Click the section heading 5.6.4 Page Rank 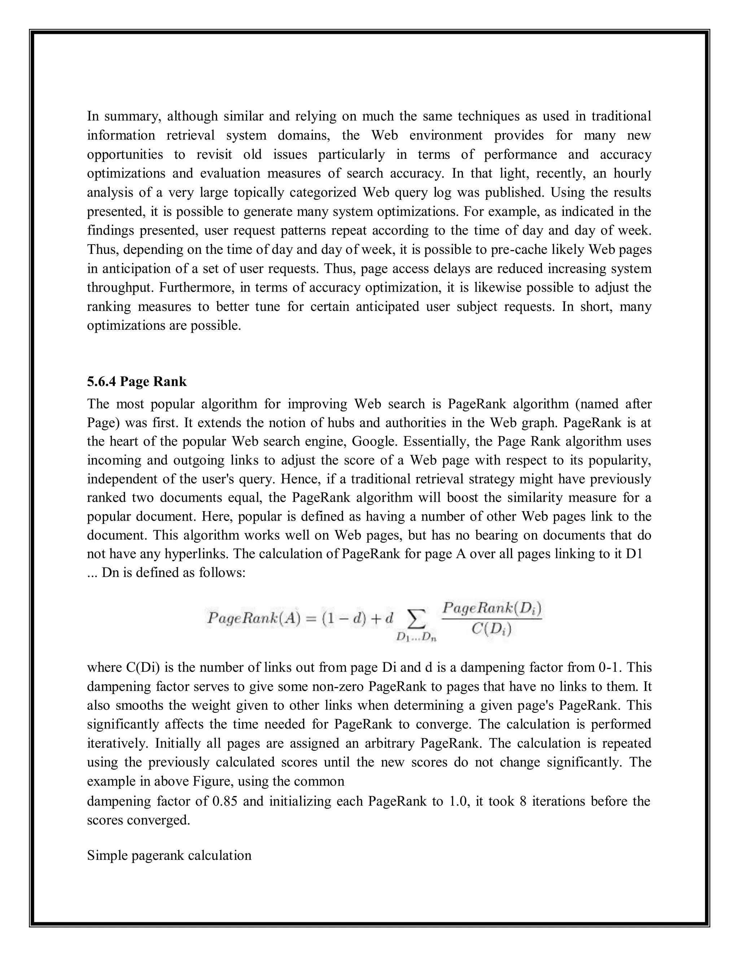coord(137,382)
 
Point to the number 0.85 coord(224,801)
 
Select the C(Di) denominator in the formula coord(492,630)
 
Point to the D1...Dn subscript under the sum coord(416,637)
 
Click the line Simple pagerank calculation coord(169,855)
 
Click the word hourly coord(632,173)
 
